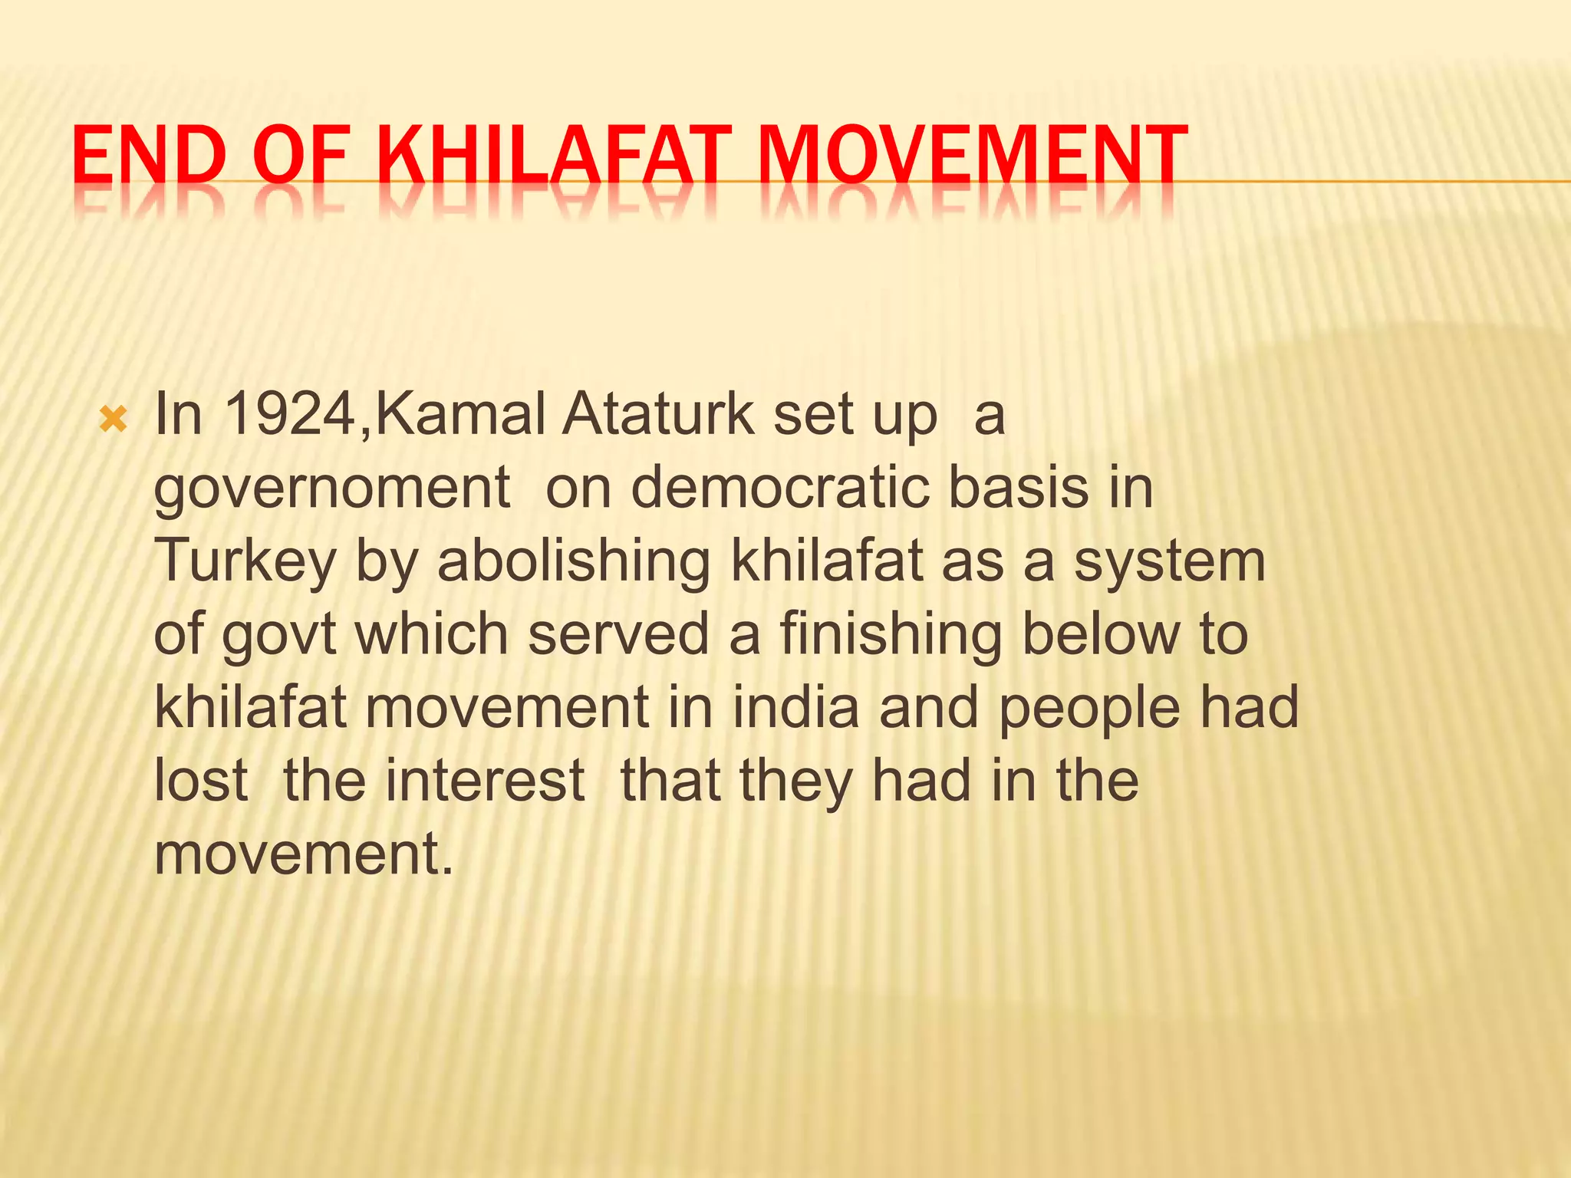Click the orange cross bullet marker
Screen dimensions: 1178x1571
pos(114,420)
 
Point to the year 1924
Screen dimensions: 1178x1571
pos(292,415)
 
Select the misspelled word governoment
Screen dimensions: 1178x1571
pos(332,489)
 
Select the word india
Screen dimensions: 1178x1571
pos(795,707)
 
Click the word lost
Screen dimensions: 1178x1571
pos(201,781)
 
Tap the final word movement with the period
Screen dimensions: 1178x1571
pos(304,854)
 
